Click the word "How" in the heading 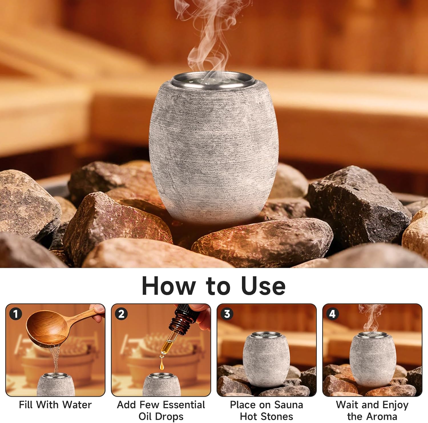(x=168, y=286)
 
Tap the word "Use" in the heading (x=263, y=286)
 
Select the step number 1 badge (x=15, y=314)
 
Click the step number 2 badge (x=121, y=314)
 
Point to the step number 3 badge (x=227, y=314)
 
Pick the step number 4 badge (x=332, y=314)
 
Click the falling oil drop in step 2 (x=162, y=366)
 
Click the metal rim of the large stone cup (x=213, y=78)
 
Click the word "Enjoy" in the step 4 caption (x=395, y=405)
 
